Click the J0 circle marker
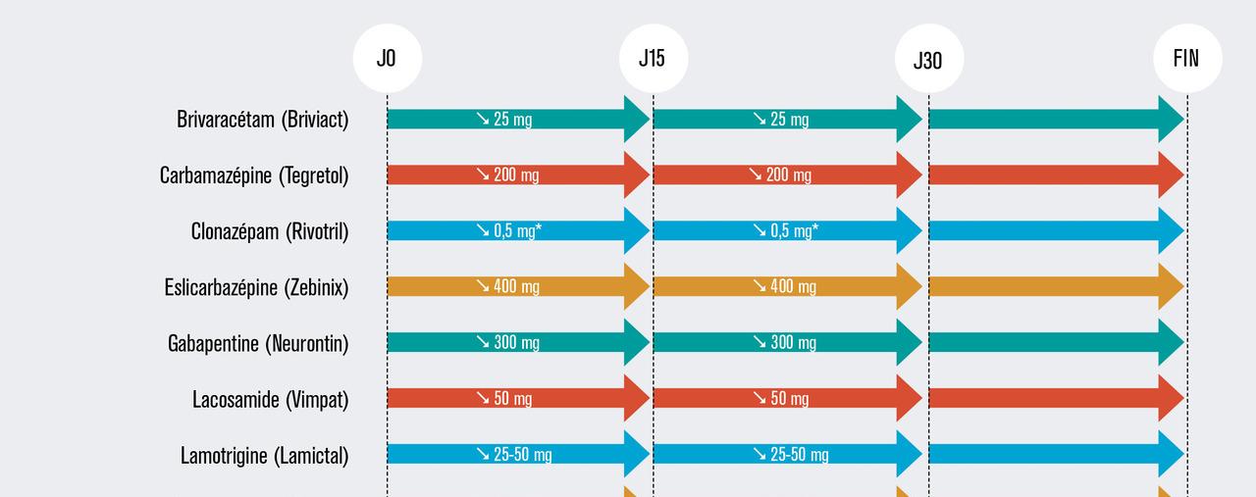(387, 58)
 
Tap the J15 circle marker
(653, 58)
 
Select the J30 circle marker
(928, 60)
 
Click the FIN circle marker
(1186, 58)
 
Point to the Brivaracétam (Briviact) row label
(262, 120)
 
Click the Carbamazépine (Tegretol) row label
(254, 175)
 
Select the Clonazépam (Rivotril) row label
(270, 231)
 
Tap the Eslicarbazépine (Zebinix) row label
(256, 287)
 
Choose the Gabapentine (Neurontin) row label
(258, 343)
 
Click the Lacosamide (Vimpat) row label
(270, 399)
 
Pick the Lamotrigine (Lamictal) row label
(264, 455)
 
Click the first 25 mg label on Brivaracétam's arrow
(504, 120)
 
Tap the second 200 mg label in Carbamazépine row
(780, 175)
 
